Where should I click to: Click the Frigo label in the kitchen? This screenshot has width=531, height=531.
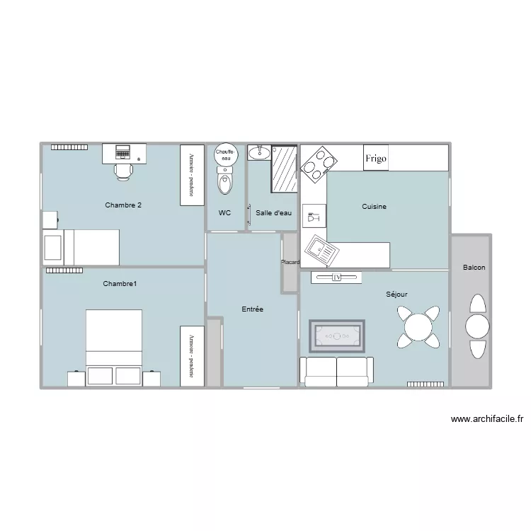click(x=376, y=159)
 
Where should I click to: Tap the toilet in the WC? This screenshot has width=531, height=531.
click(x=225, y=183)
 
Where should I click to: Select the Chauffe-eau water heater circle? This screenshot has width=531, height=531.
click(x=225, y=156)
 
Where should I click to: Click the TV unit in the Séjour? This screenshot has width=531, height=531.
click(x=336, y=278)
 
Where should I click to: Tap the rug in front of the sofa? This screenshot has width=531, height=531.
click(x=337, y=336)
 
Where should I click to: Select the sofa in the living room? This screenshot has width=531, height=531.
click(x=336, y=372)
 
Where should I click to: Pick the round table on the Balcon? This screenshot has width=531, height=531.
click(x=477, y=326)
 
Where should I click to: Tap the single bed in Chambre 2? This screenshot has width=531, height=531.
click(x=81, y=247)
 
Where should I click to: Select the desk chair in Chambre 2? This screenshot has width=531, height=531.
click(x=123, y=170)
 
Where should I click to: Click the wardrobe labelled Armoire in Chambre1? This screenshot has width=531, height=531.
click(x=191, y=356)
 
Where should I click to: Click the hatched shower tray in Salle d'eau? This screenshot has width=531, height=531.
click(x=285, y=169)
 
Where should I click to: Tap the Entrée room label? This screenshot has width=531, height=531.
click(x=252, y=309)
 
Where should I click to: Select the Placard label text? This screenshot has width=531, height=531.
click(x=290, y=263)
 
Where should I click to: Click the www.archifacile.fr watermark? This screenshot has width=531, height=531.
click(x=486, y=419)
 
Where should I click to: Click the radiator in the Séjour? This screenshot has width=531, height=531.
click(x=426, y=384)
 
